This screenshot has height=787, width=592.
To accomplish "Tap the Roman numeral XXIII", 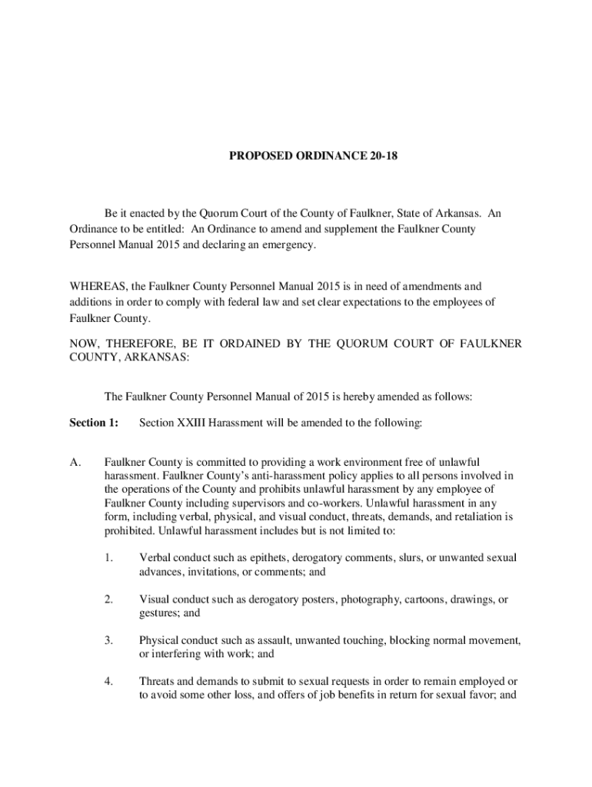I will coord(192,423).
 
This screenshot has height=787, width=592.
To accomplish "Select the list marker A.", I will coord(75,462).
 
